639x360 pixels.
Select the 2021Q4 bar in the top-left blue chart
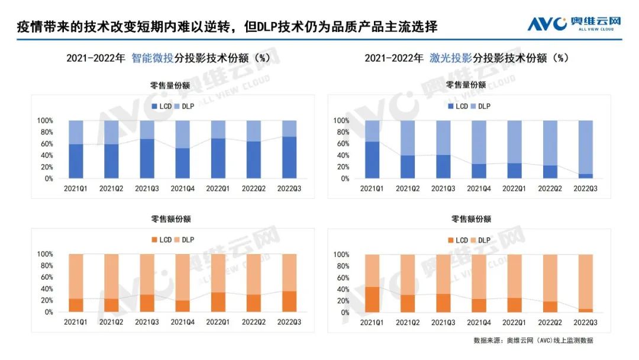[x=182, y=149]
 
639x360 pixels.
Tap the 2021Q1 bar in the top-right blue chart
[x=372, y=149]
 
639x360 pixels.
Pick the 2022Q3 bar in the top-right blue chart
[x=585, y=149]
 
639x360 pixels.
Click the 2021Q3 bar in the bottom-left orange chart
[x=147, y=283]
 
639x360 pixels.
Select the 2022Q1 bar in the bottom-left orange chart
[x=218, y=283]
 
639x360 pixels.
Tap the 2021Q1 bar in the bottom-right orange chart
[x=372, y=283]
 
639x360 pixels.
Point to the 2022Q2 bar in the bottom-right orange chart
[x=550, y=283]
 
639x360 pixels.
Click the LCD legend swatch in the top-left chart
[x=154, y=107]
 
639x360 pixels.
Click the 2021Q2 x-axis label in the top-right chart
[x=408, y=188]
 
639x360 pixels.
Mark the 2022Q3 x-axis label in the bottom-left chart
[x=289, y=322]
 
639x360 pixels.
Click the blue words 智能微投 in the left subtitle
[x=153, y=58]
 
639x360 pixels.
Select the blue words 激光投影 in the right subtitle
[x=451, y=58]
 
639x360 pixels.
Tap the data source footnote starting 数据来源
[x=533, y=340]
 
